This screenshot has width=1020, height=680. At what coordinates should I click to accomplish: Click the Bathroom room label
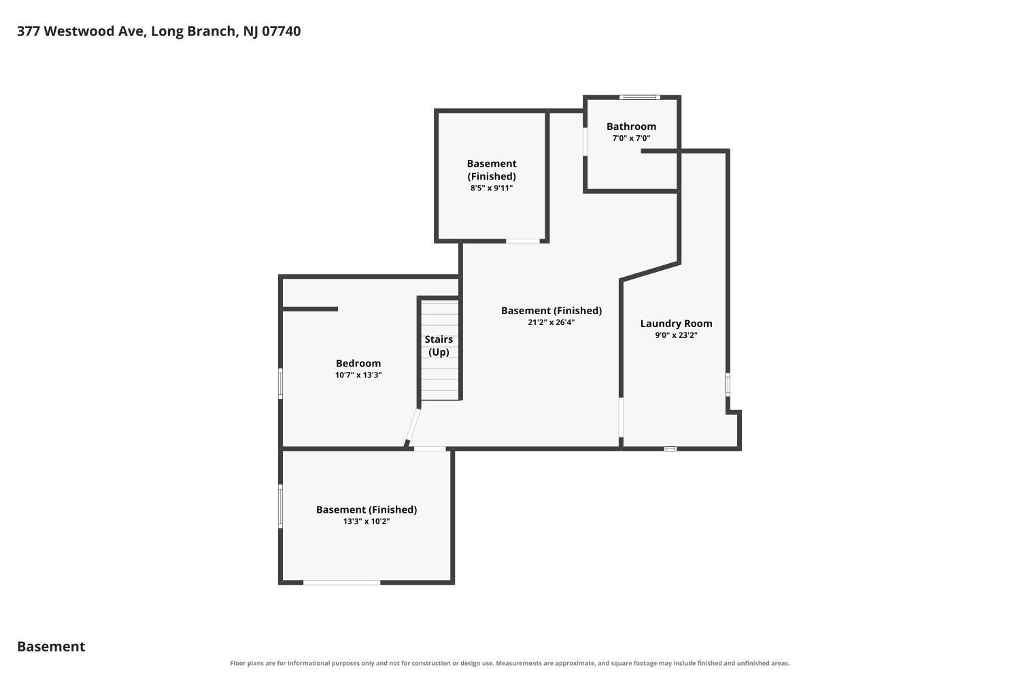tap(631, 126)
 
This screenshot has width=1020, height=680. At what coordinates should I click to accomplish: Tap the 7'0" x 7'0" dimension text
tap(631, 138)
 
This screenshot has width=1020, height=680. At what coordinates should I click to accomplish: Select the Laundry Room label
tap(676, 324)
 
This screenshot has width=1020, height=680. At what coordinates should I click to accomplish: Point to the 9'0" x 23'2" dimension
tap(676, 335)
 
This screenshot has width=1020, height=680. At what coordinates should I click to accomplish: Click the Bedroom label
tap(358, 363)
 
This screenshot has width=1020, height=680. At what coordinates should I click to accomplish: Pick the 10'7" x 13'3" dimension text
tap(358, 375)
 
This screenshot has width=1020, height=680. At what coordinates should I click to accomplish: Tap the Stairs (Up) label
tap(439, 345)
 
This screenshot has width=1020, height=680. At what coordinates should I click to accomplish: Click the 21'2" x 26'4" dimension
tap(551, 322)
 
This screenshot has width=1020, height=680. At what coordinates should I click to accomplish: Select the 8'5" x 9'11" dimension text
tap(492, 188)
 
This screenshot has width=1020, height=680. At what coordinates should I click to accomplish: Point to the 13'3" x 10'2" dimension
tap(367, 522)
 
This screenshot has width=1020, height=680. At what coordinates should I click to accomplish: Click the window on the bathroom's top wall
tap(639, 97)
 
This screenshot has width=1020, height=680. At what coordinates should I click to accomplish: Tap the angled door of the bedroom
tap(412, 428)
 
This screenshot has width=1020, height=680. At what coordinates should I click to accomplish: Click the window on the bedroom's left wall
tap(280, 384)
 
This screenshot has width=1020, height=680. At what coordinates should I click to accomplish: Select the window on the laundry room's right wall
tap(728, 385)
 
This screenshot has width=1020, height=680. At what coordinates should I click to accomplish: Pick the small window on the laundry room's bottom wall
tap(670, 449)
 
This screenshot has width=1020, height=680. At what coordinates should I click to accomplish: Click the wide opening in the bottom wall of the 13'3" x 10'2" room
tap(342, 583)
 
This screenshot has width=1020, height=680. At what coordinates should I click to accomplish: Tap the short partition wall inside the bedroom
tap(310, 309)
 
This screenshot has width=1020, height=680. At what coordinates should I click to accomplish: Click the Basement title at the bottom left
tap(51, 647)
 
